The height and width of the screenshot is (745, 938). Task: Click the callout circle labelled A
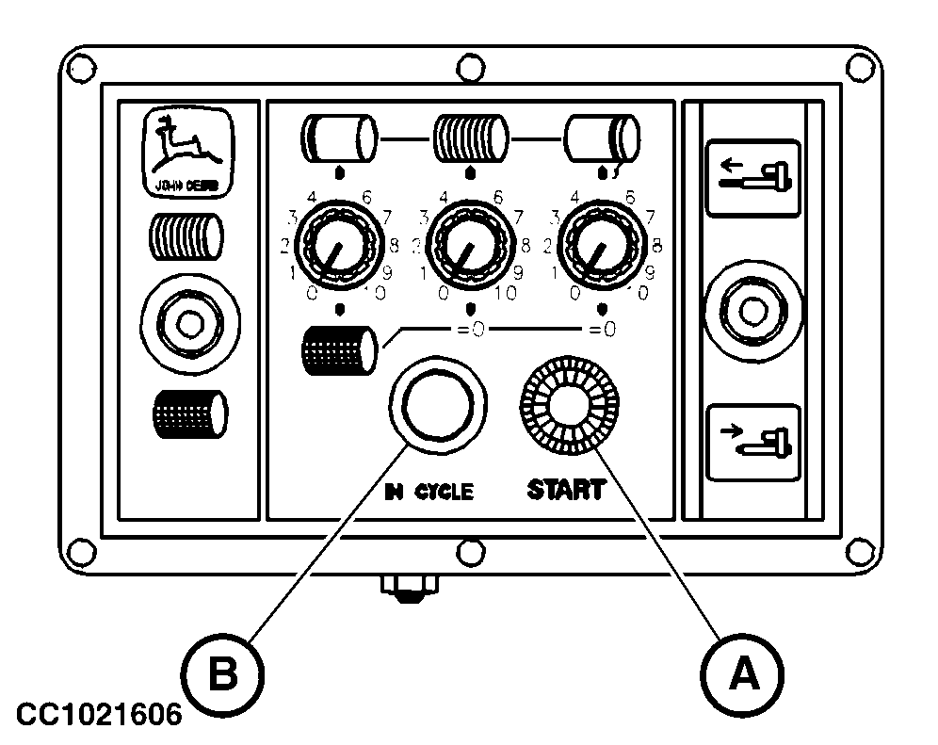(742, 672)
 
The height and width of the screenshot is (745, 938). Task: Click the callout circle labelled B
(222, 672)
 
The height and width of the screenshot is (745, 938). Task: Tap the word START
(565, 490)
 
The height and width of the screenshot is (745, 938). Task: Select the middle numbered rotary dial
(471, 248)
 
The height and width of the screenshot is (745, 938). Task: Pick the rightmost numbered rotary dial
(602, 248)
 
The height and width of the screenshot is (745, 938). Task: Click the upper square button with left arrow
(752, 177)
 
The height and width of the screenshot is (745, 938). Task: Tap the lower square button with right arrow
(752, 442)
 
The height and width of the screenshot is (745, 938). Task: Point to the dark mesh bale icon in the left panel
(188, 413)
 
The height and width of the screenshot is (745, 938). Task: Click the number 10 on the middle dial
(506, 293)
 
